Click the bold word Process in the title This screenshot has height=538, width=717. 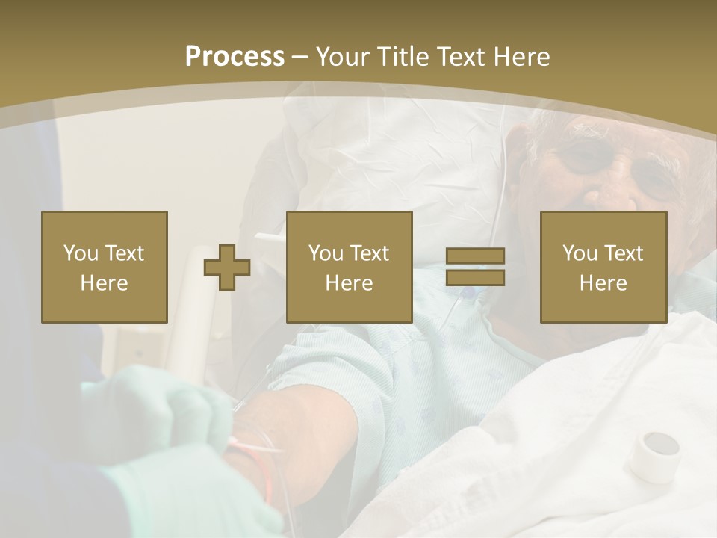235,57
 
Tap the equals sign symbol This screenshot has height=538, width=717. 475,267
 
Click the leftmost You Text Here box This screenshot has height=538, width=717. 104,267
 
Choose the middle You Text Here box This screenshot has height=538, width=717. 349,267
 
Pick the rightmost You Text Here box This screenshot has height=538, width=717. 603,267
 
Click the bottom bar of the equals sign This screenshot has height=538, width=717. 475,278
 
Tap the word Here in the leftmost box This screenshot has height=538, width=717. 104,283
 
